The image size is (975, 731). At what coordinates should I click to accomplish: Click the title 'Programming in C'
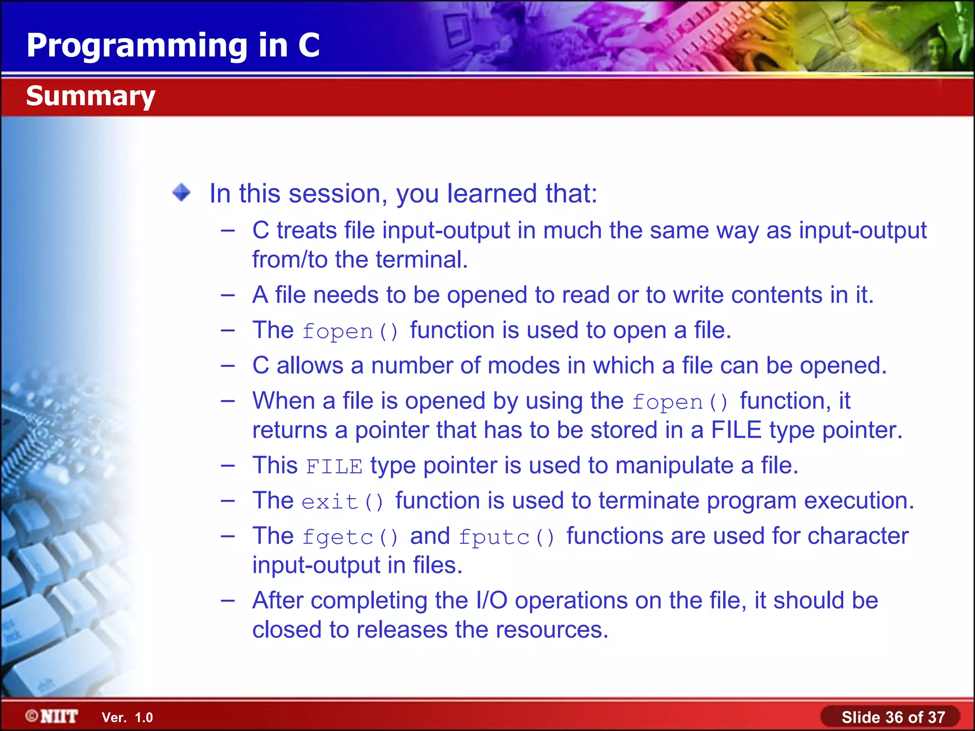point(173,45)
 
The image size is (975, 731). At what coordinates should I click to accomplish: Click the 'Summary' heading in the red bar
point(90,96)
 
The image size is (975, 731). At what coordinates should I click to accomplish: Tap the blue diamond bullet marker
point(181,193)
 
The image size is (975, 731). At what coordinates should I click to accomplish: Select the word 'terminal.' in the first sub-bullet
point(422,260)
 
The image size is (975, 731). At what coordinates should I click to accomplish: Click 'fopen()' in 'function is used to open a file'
point(350,331)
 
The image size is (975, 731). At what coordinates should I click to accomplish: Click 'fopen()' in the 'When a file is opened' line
point(680,402)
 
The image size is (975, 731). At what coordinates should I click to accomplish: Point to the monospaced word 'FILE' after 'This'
point(334,466)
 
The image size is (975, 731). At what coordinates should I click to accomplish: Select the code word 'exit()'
point(342,502)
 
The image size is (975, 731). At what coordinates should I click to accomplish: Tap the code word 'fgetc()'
point(350,537)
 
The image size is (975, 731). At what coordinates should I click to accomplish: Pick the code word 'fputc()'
point(507,537)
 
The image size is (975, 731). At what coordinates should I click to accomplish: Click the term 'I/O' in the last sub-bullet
point(491,601)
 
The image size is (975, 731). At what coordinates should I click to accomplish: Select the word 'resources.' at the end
point(552,630)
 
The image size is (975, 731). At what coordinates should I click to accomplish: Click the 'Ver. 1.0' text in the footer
point(127,717)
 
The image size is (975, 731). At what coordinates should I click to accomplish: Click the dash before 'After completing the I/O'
point(228,601)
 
